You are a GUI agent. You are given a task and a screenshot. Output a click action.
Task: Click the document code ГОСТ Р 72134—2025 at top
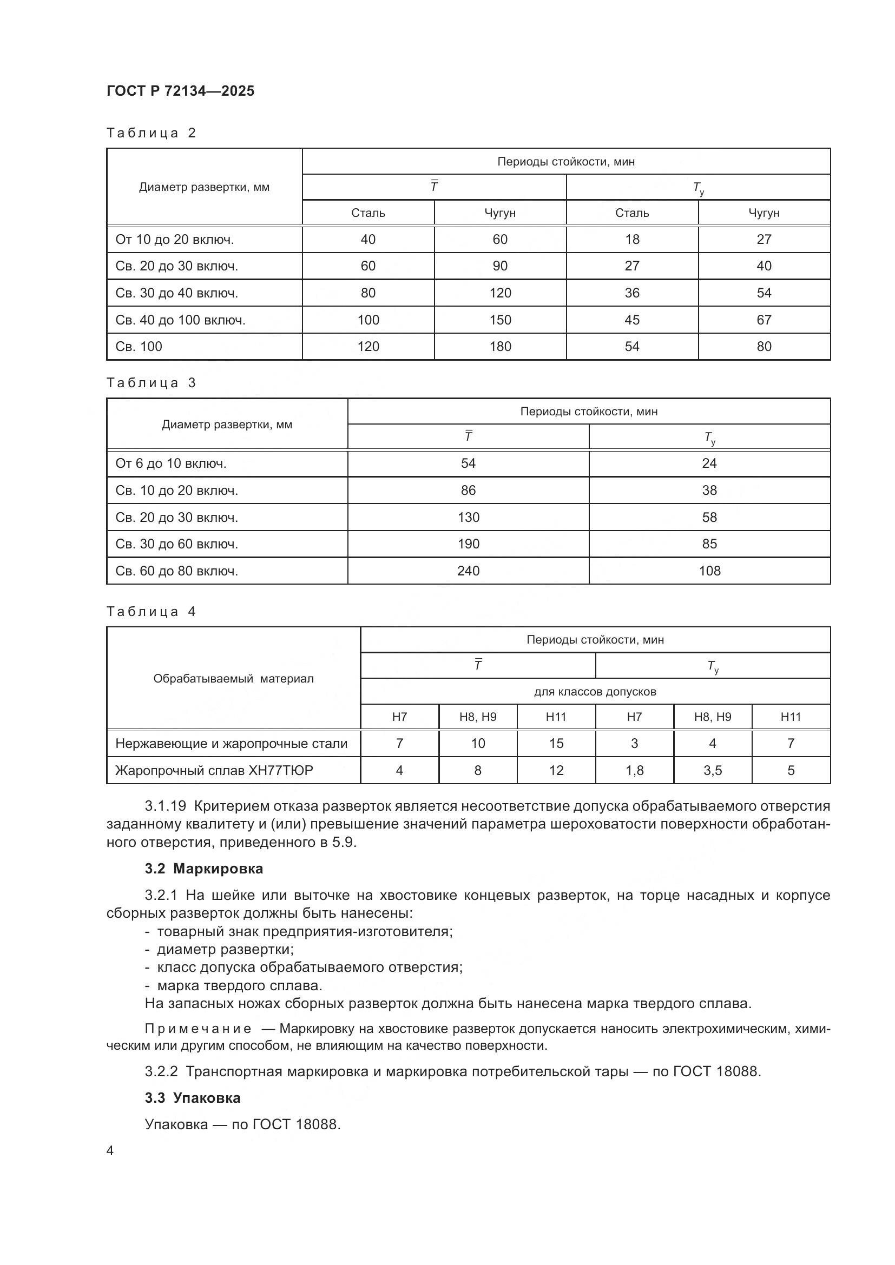pyautogui.click(x=180, y=91)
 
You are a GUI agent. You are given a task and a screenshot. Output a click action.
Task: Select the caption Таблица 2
pyautogui.click(x=151, y=133)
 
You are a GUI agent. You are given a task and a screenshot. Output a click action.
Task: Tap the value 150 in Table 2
pyautogui.click(x=500, y=320)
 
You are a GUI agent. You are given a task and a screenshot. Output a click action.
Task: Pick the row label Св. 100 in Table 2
pyautogui.click(x=139, y=347)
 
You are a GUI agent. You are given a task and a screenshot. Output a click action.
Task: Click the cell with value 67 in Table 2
pyautogui.click(x=764, y=320)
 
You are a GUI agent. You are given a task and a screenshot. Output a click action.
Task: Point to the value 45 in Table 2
pyautogui.click(x=631, y=320)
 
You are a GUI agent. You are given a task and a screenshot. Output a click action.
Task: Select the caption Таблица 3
pyautogui.click(x=151, y=383)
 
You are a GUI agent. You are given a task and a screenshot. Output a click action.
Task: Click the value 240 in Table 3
pyautogui.click(x=468, y=571)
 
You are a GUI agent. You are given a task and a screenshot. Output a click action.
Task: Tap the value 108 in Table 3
pyautogui.click(x=709, y=571)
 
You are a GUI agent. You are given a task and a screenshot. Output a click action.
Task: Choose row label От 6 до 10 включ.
pyautogui.click(x=171, y=463)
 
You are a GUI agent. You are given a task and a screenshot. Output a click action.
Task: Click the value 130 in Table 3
pyautogui.click(x=468, y=518)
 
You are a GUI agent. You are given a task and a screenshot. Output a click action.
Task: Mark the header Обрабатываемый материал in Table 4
pyautogui.click(x=233, y=679)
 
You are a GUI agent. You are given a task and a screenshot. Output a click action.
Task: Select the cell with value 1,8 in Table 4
pyautogui.click(x=634, y=770)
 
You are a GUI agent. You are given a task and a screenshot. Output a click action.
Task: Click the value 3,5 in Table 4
pyautogui.click(x=713, y=770)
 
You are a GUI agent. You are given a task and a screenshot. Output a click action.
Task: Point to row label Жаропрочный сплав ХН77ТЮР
pyautogui.click(x=214, y=770)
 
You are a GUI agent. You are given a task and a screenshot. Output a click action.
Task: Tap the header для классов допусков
pyautogui.click(x=595, y=692)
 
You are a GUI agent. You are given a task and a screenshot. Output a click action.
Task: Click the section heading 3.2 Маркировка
pyautogui.click(x=203, y=869)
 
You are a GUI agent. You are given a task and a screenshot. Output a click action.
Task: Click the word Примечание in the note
pyautogui.click(x=198, y=1029)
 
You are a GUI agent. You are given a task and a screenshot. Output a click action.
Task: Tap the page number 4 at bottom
pyautogui.click(x=110, y=1151)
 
